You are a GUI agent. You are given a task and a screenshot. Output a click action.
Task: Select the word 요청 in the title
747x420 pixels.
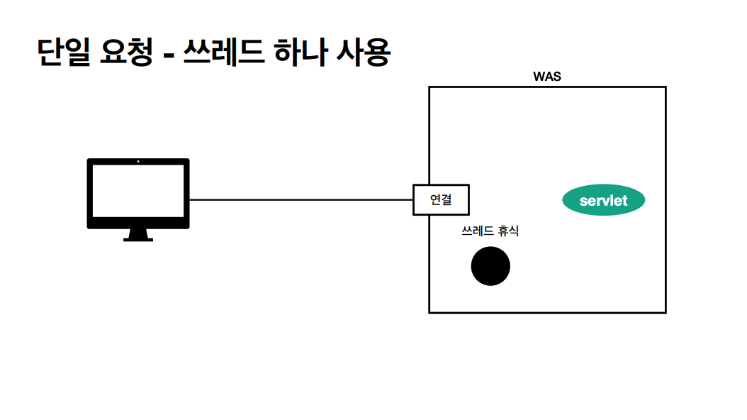point(125,53)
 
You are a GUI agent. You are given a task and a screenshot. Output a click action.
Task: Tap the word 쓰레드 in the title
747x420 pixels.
point(222,53)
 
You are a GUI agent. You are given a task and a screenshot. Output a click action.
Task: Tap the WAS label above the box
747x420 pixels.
point(546,77)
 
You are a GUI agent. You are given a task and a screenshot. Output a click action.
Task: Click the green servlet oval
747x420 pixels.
point(603,201)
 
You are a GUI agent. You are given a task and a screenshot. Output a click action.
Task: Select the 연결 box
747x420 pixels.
point(441,200)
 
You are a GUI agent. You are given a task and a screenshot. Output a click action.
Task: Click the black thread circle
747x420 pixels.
point(490,267)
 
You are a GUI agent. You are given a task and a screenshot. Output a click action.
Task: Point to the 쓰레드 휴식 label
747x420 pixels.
point(490,231)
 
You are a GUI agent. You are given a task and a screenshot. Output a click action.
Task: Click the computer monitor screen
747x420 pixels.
point(138,193)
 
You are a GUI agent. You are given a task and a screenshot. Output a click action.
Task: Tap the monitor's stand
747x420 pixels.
point(138,236)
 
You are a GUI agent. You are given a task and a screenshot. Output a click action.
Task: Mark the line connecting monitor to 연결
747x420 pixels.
point(301,200)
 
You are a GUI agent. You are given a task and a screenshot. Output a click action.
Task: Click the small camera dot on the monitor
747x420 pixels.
point(138,162)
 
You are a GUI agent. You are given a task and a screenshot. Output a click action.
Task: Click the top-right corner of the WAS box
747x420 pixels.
point(665,87)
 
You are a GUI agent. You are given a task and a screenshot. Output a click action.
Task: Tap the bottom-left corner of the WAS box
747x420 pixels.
point(429,312)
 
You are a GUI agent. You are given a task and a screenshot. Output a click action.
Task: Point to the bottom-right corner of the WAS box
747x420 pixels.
point(665,312)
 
